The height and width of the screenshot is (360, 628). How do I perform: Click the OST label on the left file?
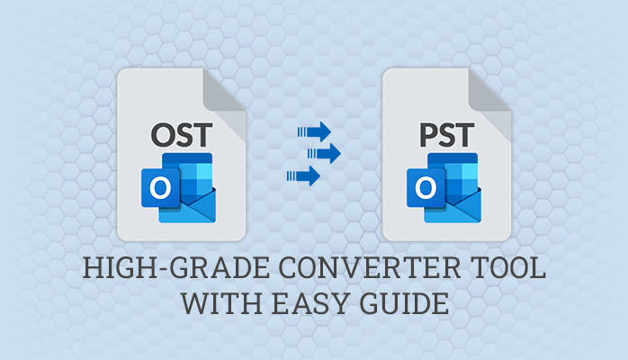pos(183,136)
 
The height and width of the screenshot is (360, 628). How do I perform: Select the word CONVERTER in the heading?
pos(337,270)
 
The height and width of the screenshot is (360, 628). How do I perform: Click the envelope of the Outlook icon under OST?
pos(193,206)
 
